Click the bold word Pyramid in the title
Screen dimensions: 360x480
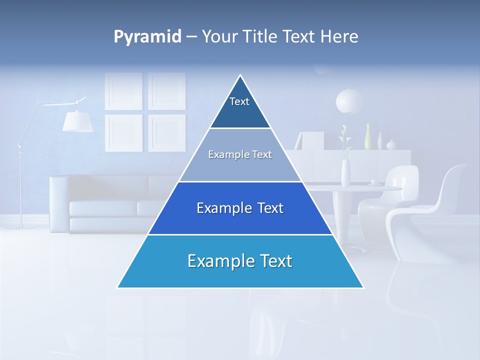(x=147, y=36)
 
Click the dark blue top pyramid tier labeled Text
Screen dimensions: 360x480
(x=240, y=107)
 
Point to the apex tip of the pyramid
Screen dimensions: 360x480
(x=240, y=76)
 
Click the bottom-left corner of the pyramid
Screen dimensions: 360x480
(x=118, y=287)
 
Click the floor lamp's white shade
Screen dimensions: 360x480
(x=77, y=121)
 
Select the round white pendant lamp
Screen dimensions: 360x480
(x=349, y=101)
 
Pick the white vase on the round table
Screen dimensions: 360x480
(x=345, y=172)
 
